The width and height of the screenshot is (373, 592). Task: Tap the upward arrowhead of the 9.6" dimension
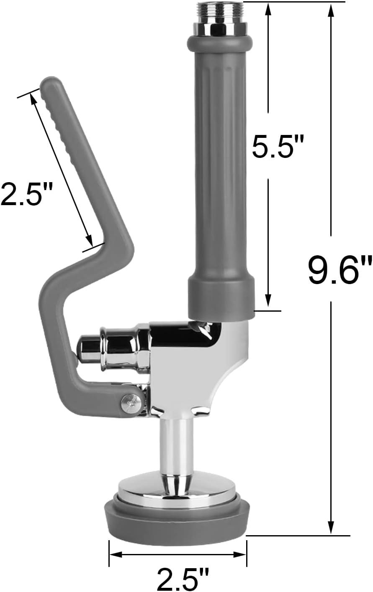point(331,13)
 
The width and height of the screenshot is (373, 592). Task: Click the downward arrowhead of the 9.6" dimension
point(331,527)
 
